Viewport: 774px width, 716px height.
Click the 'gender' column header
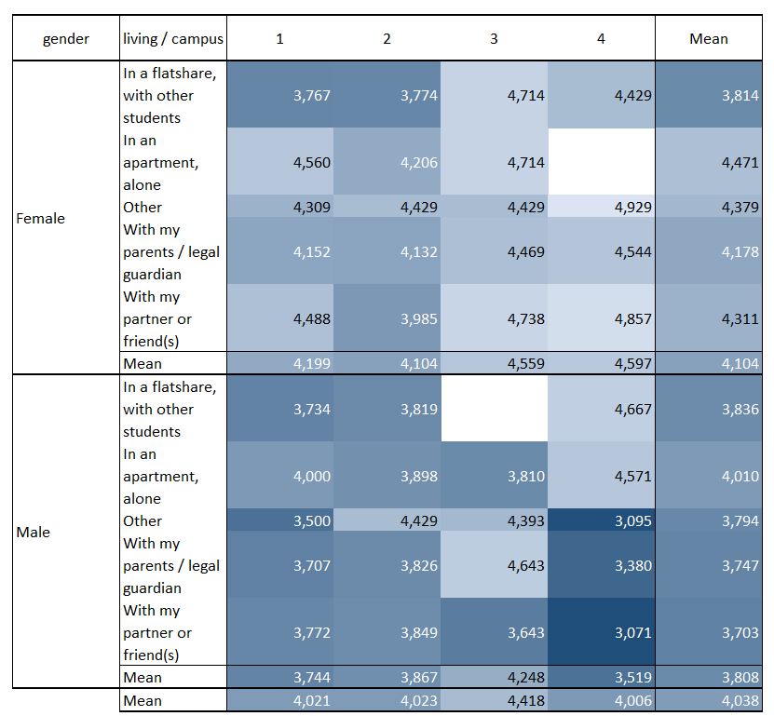(x=66, y=39)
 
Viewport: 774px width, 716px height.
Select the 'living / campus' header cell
(x=173, y=39)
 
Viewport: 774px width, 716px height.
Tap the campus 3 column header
(x=494, y=39)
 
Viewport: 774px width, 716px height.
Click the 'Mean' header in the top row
(x=708, y=39)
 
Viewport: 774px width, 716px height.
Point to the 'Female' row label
(x=41, y=219)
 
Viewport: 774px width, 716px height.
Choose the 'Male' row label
(x=34, y=533)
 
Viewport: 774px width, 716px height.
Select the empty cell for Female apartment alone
(x=601, y=162)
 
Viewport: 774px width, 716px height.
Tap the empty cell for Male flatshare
(x=494, y=409)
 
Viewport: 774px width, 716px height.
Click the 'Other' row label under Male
(x=143, y=521)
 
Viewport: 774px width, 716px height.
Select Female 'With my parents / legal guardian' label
(x=171, y=251)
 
